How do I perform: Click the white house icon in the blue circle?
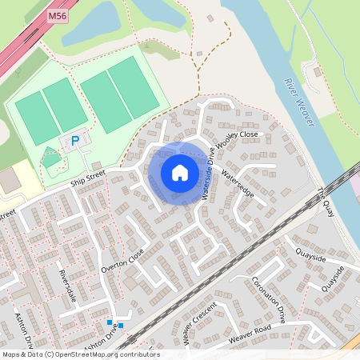180,172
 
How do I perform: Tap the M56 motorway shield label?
57,14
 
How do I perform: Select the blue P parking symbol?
75,141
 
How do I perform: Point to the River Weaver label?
300,102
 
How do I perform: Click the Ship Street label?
88,181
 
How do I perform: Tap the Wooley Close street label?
238,138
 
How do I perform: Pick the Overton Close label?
122,261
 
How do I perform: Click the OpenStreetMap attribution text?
80,354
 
